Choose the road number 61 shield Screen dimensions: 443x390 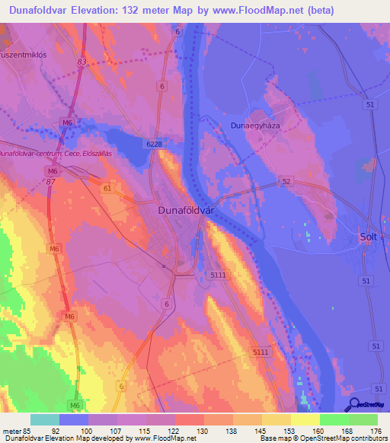pyautogui.click(x=107, y=188)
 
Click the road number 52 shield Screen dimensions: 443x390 pyautogui.click(x=286, y=181)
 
